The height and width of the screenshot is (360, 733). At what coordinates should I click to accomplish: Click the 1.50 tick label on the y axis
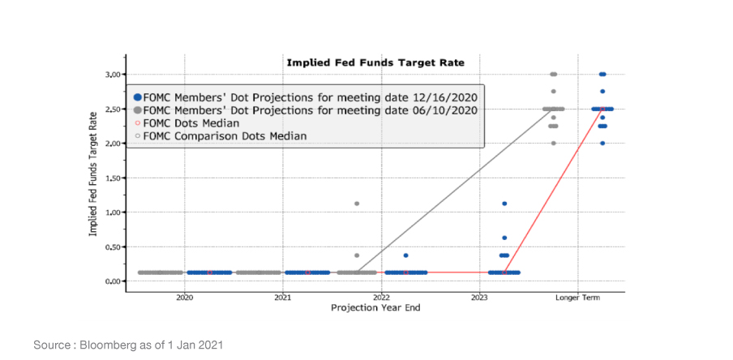pos(113,178)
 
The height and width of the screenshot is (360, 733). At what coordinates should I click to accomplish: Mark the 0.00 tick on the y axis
pos(113,281)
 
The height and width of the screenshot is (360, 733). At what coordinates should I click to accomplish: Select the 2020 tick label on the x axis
pos(185,298)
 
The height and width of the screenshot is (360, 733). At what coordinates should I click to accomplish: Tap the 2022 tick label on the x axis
pos(381,298)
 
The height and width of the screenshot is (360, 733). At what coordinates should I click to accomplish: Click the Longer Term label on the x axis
pos(577,298)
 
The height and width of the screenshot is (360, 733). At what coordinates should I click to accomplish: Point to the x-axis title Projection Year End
pos(375,308)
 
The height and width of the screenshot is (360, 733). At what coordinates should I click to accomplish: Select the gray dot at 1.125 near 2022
pos(357,204)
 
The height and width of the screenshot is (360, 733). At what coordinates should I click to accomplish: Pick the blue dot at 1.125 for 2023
pos(504,204)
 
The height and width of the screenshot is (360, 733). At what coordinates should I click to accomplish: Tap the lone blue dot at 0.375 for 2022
pos(405,255)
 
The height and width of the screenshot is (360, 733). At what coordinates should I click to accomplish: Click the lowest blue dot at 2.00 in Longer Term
pos(602,144)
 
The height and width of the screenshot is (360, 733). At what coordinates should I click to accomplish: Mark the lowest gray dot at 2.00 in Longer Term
pos(553,144)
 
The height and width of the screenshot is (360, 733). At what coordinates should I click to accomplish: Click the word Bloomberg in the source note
pos(109,345)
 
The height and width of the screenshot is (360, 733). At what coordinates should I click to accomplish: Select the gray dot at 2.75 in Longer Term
pos(553,92)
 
